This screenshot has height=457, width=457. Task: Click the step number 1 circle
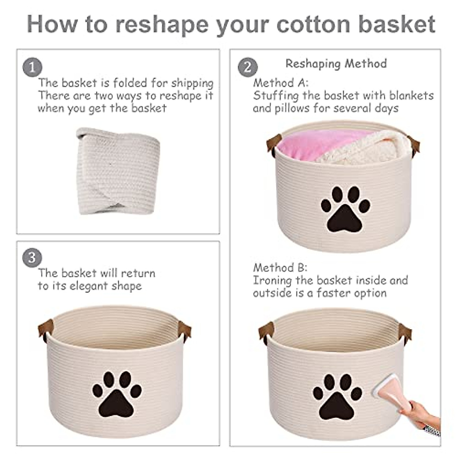(x=32, y=68)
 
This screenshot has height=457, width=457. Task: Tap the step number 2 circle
(x=248, y=68)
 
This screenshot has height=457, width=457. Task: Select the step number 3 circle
(x=32, y=258)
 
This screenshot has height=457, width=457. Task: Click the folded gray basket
(x=118, y=171)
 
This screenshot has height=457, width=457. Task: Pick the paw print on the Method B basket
(x=337, y=396)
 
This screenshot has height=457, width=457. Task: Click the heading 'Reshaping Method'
(x=336, y=64)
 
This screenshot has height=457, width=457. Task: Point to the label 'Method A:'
(x=281, y=83)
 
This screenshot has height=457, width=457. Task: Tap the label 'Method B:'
(x=280, y=267)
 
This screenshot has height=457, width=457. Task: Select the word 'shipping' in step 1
(x=192, y=83)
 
